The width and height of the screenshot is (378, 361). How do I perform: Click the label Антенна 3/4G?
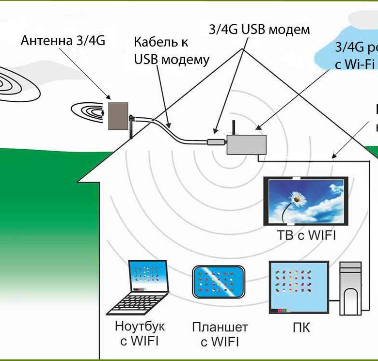63,41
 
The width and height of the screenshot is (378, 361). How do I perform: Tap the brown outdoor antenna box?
118,115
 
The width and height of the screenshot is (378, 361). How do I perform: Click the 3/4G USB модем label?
259,29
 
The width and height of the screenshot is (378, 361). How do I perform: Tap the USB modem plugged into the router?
216,142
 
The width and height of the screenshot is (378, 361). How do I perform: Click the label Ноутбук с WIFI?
140,333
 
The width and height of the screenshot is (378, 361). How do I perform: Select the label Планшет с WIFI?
220,334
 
